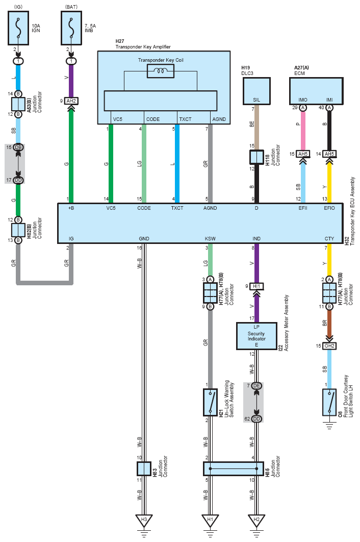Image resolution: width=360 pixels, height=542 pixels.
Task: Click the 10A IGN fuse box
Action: [x=18, y=28]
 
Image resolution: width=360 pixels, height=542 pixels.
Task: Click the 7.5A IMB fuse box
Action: [x=71, y=28]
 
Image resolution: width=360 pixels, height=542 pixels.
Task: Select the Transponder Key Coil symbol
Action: [x=160, y=71]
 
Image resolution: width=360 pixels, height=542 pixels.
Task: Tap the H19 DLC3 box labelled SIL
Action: [x=256, y=91]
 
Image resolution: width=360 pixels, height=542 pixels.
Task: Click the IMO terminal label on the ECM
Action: [x=303, y=100]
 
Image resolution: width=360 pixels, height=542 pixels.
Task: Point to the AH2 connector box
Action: [x=71, y=101]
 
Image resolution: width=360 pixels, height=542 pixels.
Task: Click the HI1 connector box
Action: [x=256, y=286]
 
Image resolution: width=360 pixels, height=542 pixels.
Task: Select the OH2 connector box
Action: [x=329, y=346]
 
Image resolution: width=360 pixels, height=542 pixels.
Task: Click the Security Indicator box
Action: [x=256, y=336]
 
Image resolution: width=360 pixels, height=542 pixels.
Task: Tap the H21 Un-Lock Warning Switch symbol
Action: [x=210, y=402]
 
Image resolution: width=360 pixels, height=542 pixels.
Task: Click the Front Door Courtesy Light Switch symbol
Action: [x=329, y=402]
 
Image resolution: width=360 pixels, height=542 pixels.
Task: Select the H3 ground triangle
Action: [x=144, y=520]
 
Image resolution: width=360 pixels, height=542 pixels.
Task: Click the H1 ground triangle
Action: [x=210, y=520]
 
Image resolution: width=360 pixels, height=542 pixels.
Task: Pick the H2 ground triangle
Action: [x=256, y=520]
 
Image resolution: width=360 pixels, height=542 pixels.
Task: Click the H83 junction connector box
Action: [x=144, y=469]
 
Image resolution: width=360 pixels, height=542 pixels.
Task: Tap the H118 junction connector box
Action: [x=256, y=157]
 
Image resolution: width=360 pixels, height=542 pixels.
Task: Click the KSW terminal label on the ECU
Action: [x=210, y=238]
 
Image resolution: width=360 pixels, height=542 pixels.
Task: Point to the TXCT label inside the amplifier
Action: [x=185, y=119]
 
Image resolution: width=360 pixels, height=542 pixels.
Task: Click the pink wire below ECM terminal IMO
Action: [x=303, y=131]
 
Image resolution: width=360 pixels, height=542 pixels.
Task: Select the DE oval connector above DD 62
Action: [x=256, y=386]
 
